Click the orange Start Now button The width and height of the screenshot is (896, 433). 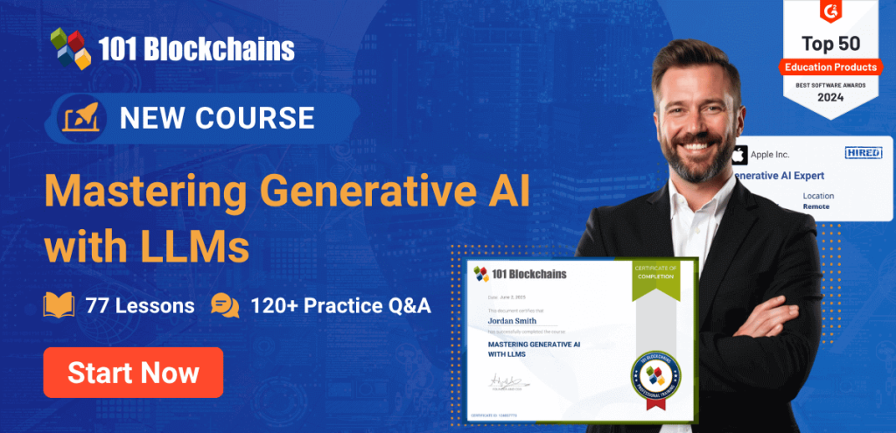tap(133, 373)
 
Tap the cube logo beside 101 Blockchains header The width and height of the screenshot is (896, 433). tap(71, 48)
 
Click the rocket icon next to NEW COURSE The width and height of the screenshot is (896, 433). tap(83, 118)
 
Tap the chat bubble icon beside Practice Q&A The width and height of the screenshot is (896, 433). tap(225, 305)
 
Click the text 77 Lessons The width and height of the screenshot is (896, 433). tap(140, 305)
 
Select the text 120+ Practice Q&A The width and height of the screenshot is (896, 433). tap(340, 305)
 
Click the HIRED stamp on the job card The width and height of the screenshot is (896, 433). tap(863, 153)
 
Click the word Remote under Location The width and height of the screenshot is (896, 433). tap(816, 206)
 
